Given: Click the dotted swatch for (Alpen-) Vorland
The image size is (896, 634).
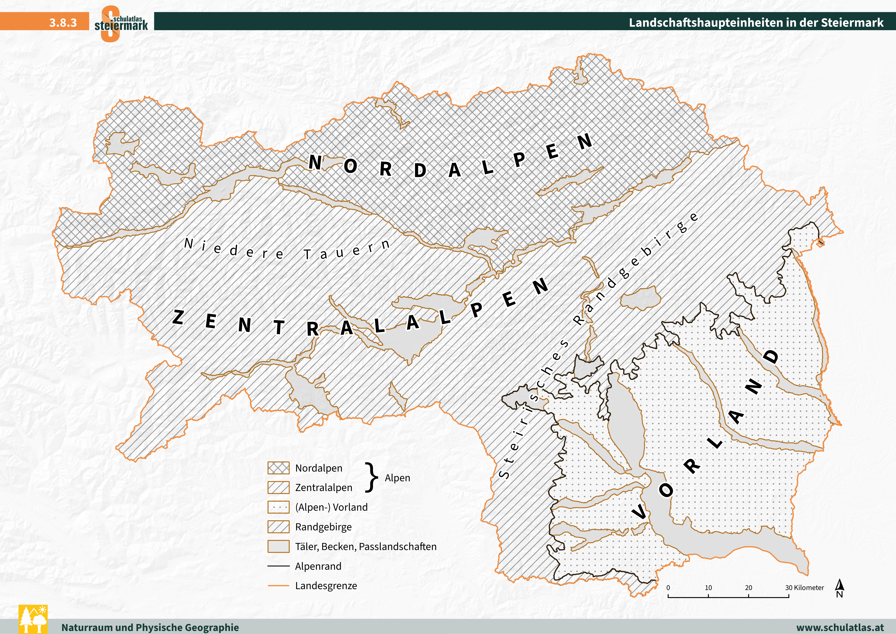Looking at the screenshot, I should (278, 507).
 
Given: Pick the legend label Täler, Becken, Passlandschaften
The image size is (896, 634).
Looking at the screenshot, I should (366, 547).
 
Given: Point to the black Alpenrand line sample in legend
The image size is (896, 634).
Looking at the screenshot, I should (278, 566).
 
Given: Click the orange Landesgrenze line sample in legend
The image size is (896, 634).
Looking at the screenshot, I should (278, 586).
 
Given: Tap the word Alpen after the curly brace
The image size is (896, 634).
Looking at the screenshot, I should (397, 478).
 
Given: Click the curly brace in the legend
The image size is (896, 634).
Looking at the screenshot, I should (372, 478).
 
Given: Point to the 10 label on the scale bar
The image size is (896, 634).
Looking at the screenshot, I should (708, 587).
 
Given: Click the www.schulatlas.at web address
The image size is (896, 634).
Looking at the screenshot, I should (840, 627).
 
